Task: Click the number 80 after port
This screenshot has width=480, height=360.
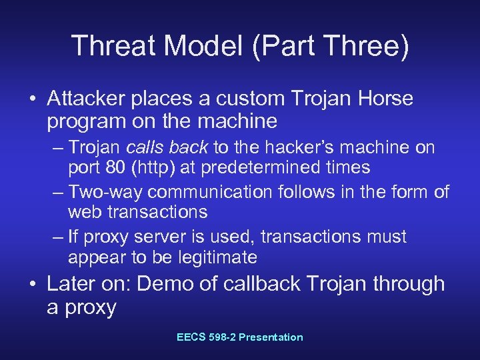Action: [112, 167]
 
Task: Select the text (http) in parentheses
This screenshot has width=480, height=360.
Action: [151, 167]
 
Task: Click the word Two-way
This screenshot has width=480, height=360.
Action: [106, 193]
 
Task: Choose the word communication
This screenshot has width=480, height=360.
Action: [209, 193]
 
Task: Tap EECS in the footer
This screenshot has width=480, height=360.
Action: [191, 337]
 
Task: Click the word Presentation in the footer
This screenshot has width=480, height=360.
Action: [271, 337]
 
